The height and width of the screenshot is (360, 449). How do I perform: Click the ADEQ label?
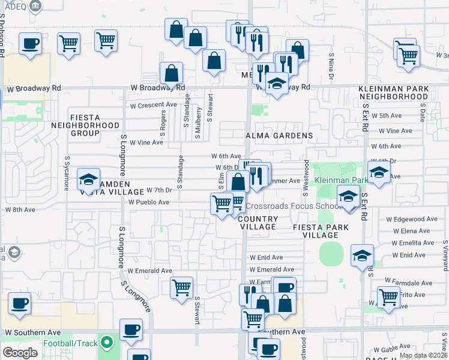coord(13,5)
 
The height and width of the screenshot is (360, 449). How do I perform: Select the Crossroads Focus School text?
coord(293,206)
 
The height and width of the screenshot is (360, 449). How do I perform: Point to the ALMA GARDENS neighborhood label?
coord(280,136)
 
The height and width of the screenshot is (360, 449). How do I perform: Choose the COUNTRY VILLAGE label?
coord(259,223)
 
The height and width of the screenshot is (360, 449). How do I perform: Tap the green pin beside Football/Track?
coord(107,343)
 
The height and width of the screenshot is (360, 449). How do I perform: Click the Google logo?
coord(20,353)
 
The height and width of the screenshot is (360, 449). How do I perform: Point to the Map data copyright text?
coord(423,355)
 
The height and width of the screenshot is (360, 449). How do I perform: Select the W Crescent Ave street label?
coord(154,104)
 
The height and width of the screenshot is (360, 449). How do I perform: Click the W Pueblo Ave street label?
coord(149,202)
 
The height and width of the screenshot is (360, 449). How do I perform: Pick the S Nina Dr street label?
coord(331,67)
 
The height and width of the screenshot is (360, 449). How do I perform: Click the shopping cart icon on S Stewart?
coord(181,287)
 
